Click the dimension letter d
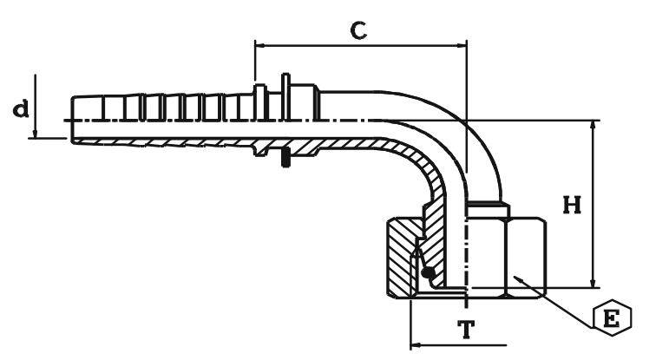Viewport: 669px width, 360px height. (19, 110)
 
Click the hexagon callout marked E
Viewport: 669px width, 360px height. (612, 317)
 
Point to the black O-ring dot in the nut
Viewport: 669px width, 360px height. (428, 274)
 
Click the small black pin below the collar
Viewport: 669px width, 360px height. (285, 160)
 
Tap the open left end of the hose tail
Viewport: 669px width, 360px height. (71, 119)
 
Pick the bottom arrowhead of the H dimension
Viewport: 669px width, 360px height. (594, 284)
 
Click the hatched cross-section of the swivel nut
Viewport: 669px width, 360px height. (399, 260)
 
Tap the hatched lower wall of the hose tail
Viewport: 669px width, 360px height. (174, 141)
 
